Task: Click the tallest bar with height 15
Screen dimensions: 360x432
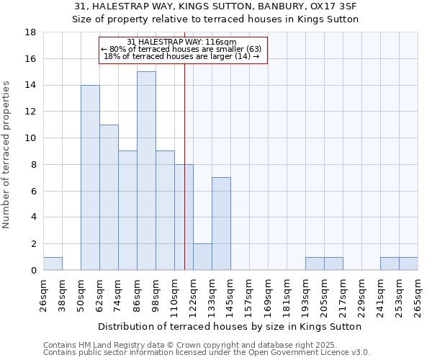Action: click(146, 171)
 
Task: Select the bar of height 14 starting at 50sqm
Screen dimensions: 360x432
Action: click(90, 178)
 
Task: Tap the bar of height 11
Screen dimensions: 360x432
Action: click(109, 197)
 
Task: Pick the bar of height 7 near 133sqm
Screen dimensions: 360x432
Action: click(221, 224)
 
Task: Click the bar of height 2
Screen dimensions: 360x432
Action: click(202, 257)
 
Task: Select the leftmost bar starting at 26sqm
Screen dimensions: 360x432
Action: click(53, 264)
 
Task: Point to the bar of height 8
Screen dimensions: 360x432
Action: click(184, 217)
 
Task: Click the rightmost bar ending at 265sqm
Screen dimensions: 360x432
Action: click(408, 264)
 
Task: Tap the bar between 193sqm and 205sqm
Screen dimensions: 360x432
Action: click(315, 264)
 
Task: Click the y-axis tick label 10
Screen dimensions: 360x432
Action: click(31, 138)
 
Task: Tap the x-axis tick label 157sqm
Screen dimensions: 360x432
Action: click(249, 296)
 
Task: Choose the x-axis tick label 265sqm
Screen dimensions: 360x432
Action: click(418, 296)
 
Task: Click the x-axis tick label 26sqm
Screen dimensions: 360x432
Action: click(43, 296)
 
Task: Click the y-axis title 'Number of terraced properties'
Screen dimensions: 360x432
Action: click(7, 154)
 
